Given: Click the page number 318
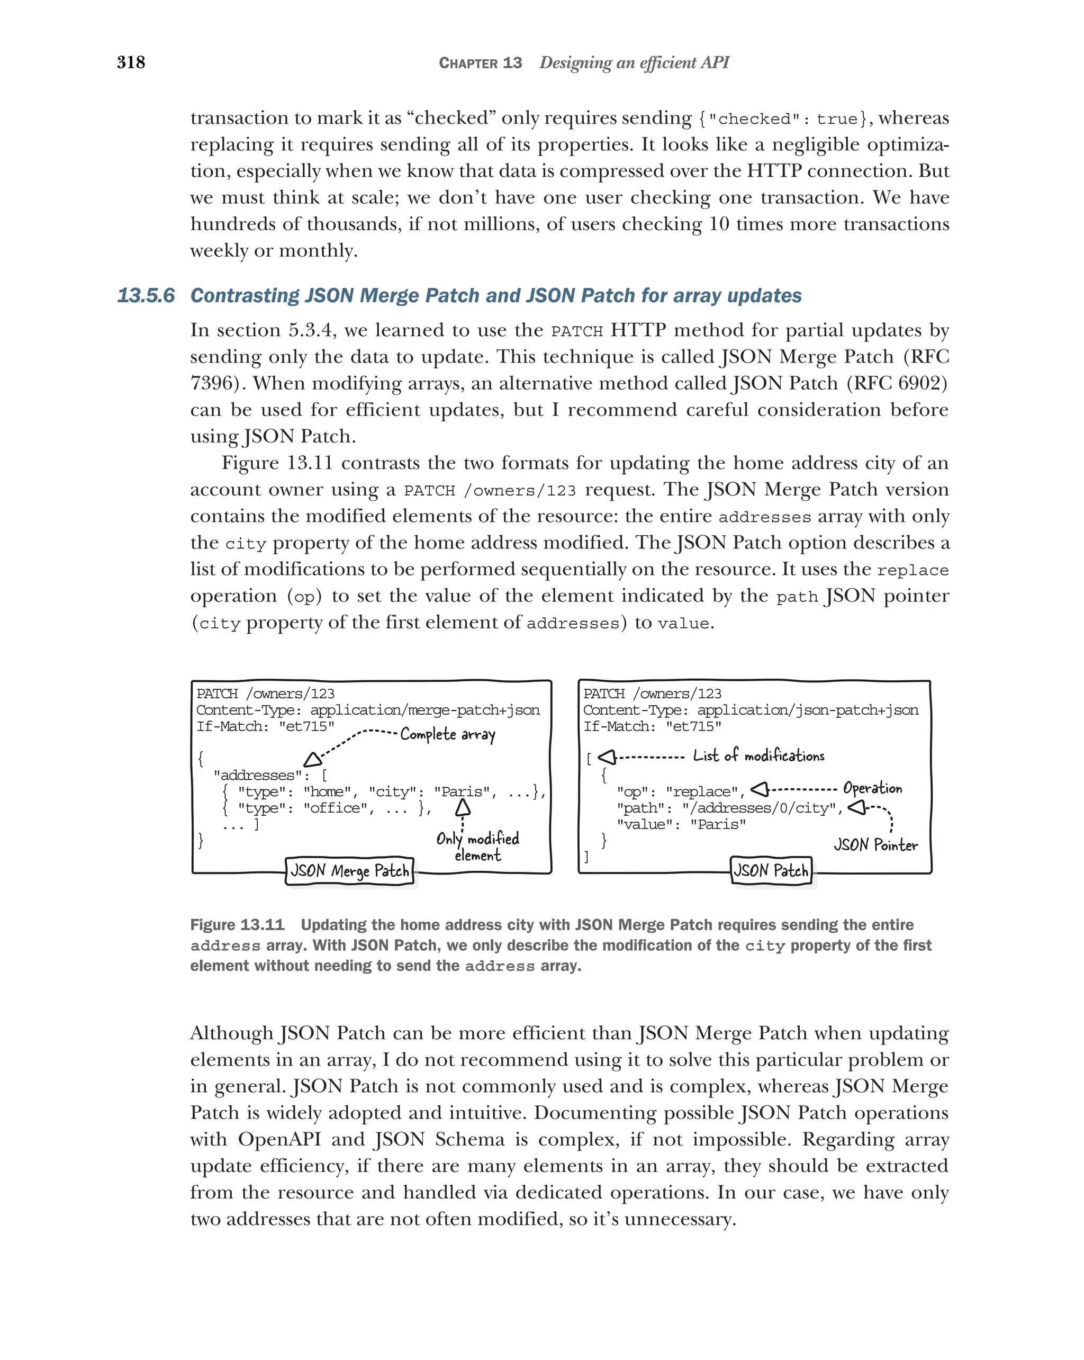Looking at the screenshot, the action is pyautogui.click(x=131, y=62).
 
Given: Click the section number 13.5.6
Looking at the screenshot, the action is pyautogui.click(x=146, y=295).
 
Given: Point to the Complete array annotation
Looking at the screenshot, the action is pyautogui.click(x=448, y=734).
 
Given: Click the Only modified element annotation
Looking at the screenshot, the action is pyautogui.click(x=477, y=846).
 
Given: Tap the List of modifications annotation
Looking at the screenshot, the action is pyautogui.click(x=758, y=755).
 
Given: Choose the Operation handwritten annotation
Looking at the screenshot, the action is pyautogui.click(x=872, y=788).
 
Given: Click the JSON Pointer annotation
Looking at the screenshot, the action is pyautogui.click(x=875, y=845).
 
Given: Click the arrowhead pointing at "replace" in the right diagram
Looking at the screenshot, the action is pyautogui.click(x=759, y=789).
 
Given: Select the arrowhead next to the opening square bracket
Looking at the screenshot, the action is pyautogui.click(x=606, y=756).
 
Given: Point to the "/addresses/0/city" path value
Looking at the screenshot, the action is pyautogui.click(x=762, y=808).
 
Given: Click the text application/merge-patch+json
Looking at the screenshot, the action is pyautogui.click(x=424, y=710).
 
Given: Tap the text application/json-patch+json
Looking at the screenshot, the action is pyautogui.click(x=807, y=710).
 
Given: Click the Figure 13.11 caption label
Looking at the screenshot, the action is pyautogui.click(x=237, y=925).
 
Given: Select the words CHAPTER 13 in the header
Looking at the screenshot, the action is pyautogui.click(x=480, y=63).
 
